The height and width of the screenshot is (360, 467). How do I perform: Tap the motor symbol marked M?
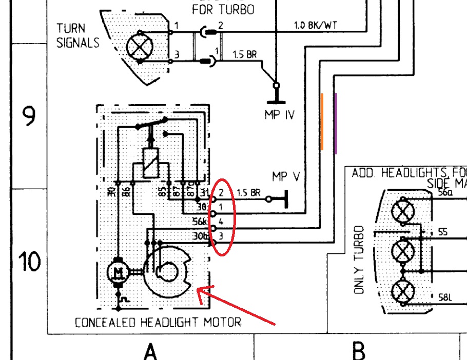point(119,271)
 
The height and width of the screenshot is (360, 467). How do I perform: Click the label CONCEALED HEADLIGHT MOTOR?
point(158,323)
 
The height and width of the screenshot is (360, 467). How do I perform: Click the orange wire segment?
point(322,122)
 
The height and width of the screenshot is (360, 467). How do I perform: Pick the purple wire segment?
point(336,123)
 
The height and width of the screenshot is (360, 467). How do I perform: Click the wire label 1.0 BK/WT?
point(315,25)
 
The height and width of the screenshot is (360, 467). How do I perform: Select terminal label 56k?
point(200,222)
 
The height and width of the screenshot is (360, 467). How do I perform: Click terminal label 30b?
point(200,236)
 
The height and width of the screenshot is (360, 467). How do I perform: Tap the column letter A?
point(150,351)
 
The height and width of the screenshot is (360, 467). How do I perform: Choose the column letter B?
point(359,351)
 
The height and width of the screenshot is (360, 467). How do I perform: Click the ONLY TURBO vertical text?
point(360,260)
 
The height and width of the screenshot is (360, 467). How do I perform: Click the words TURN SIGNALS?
point(78,35)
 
